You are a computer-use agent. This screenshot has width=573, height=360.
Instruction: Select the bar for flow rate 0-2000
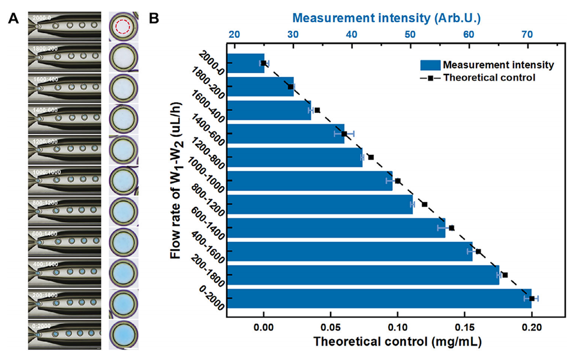coord(379,298)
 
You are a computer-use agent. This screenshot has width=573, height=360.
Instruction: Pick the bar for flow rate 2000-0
coord(246,63)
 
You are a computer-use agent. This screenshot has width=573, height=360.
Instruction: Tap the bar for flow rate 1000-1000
coord(310,181)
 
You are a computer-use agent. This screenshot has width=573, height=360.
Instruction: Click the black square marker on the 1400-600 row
coord(344,134)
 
